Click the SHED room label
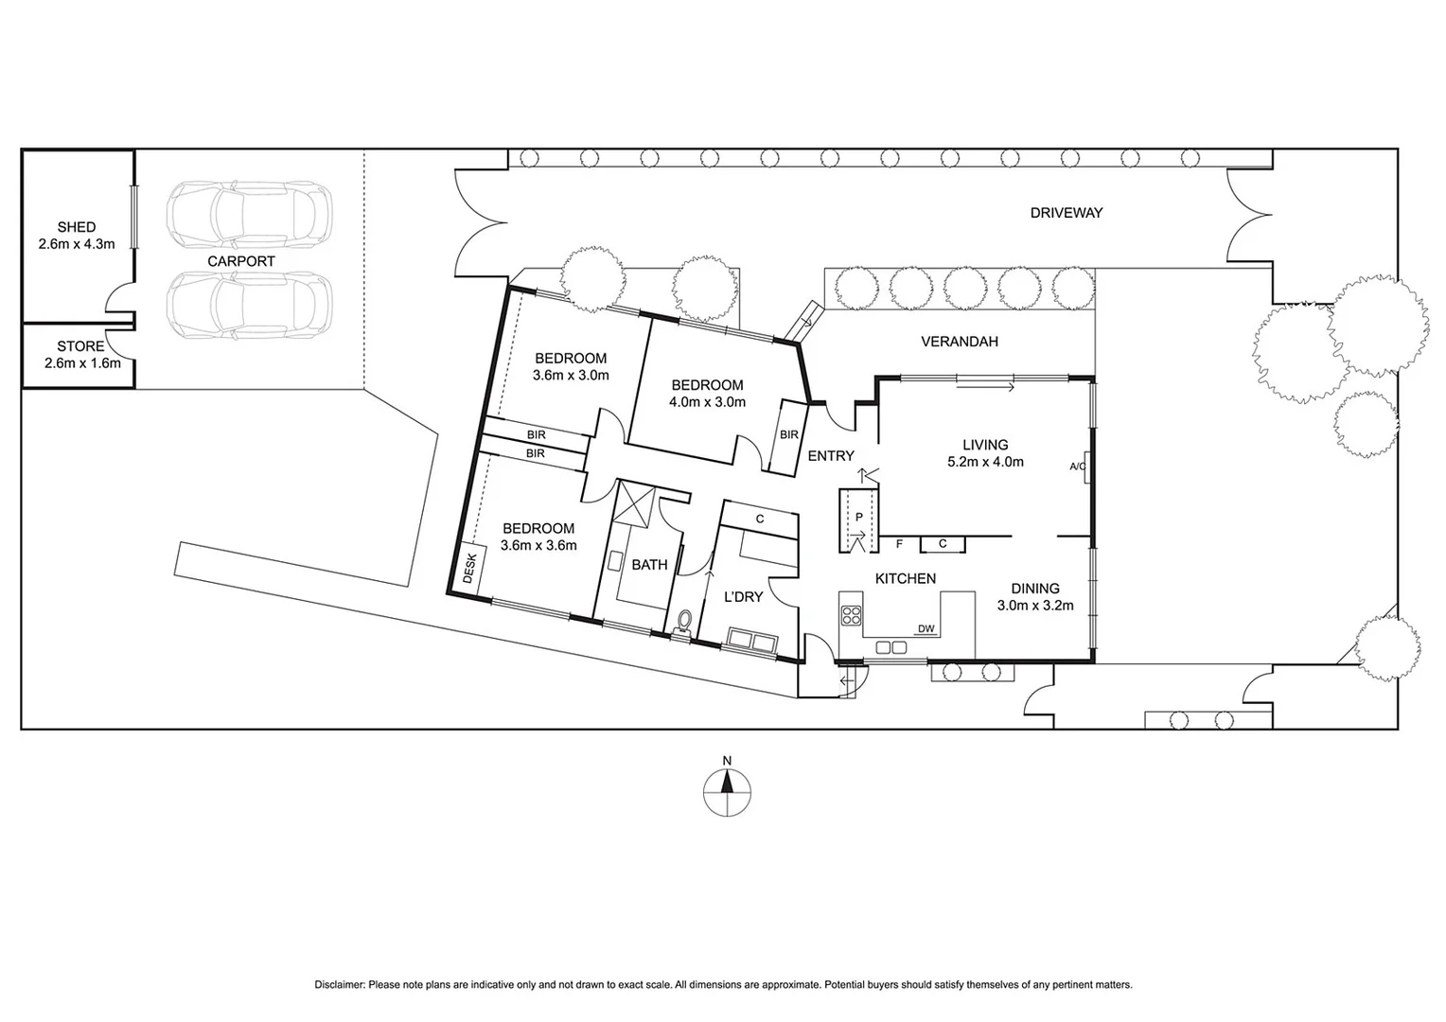click(x=76, y=227)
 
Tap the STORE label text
click(x=80, y=346)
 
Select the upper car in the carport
click(x=249, y=214)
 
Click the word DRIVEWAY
click(x=1067, y=213)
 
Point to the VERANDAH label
click(x=960, y=342)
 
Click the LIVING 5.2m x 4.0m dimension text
click(x=985, y=463)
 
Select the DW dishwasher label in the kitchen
click(x=926, y=628)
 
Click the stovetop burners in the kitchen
click(x=851, y=615)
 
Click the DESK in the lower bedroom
click(x=469, y=569)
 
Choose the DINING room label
click(x=1034, y=589)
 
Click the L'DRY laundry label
click(x=743, y=597)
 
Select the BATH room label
click(x=649, y=565)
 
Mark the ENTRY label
click(x=831, y=456)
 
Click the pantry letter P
click(x=858, y=518)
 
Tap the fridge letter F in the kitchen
click(x=899, y=544)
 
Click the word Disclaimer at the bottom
click(x=339, y=985)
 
